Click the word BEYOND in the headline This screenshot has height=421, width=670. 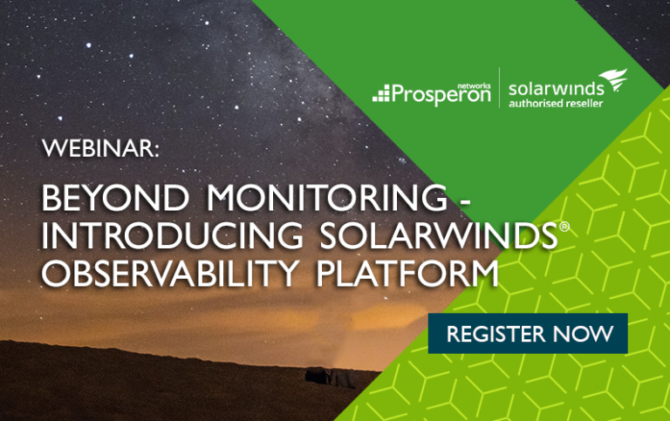pos(115,197)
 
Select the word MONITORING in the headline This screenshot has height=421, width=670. pos(327,197)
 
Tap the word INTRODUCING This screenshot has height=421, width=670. pos(172,234)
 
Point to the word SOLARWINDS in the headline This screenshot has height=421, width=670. pos(439,234)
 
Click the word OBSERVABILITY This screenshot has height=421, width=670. pos(170,273)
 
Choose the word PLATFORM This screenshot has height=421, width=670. pos(407,273)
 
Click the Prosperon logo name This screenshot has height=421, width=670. pos(441,94)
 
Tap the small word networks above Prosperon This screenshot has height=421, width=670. pos(477,85)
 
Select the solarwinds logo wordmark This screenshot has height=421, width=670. pos(556,89)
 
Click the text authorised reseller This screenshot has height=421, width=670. pos(556,104)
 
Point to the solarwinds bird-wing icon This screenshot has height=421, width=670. pos(613,79)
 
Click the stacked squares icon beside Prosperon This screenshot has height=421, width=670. pos(381,93)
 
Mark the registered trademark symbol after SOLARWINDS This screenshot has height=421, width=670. pos(564,227)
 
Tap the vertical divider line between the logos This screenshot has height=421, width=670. pos(500,87)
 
